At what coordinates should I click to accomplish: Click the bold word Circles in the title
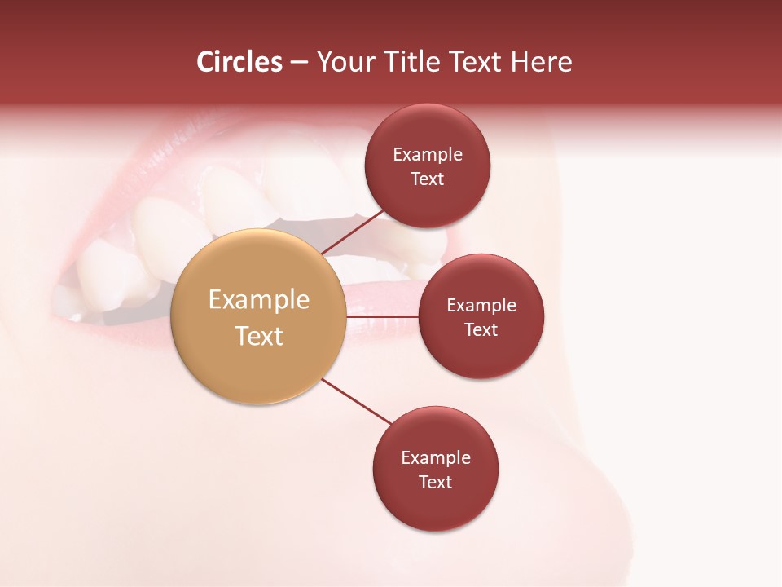tap(239, 62)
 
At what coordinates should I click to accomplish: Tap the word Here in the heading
tap(541, 62)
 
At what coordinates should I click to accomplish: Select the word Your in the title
tap(345, 62)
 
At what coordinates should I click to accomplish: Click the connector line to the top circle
tap(354, 232)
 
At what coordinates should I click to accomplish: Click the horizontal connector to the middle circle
tap(383, 316)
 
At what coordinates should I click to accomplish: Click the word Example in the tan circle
tap(259, 300)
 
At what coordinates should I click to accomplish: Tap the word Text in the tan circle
tap(259, 336)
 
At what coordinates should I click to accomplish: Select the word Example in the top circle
tap(428, 155)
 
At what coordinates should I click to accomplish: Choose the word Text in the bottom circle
tap(436, 483)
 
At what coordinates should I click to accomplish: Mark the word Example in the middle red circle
tap(481, 306)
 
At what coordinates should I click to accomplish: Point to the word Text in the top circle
tap(428, 179)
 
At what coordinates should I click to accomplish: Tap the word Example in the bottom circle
tap(436, 458)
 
